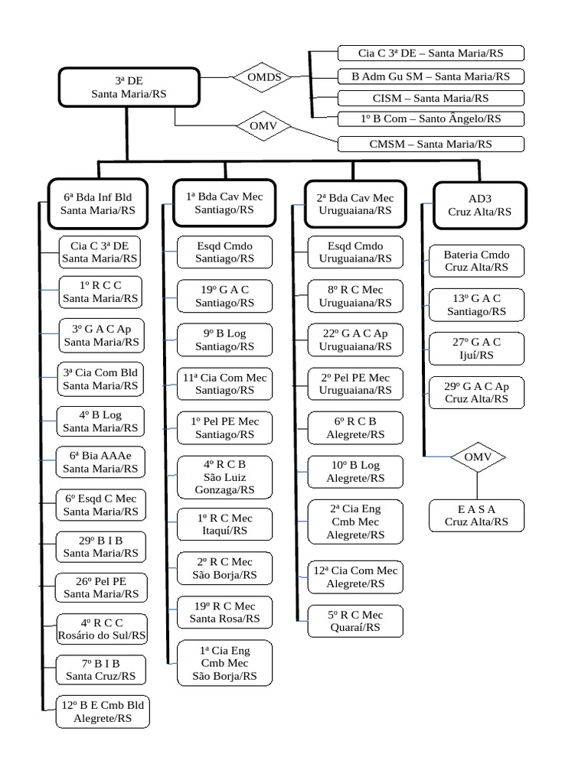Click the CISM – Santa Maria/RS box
coord(431,98)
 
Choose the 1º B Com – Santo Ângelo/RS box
coord(431,119)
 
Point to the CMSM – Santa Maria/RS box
coord(431,144)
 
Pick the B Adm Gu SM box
coord(431,76)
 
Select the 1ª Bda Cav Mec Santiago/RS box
coord(224,203)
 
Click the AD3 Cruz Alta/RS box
coord(479,205)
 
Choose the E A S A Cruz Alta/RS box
coord(476,515)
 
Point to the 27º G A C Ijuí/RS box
coord(476,349)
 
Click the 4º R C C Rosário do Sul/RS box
coord(102,629)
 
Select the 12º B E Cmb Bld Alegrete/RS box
coord(103,712)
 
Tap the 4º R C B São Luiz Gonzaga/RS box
coord(224,477)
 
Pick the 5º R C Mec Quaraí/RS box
coord(354,621)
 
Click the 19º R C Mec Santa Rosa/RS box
coord(224,612)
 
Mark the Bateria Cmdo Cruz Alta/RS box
coord(476,261)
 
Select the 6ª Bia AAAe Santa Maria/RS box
coord(101,462)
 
